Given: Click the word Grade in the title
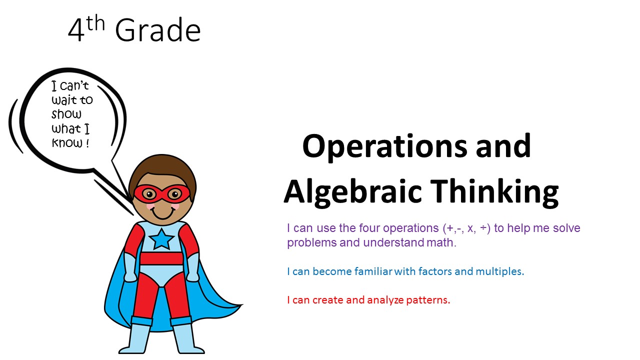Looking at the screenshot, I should coord(158,31).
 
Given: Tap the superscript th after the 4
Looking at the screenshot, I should coord(95,23).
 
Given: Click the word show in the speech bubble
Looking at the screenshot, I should coord(66,114).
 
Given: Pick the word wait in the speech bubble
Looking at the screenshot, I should coord(64,100).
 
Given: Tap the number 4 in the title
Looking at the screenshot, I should coord(76,31).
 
